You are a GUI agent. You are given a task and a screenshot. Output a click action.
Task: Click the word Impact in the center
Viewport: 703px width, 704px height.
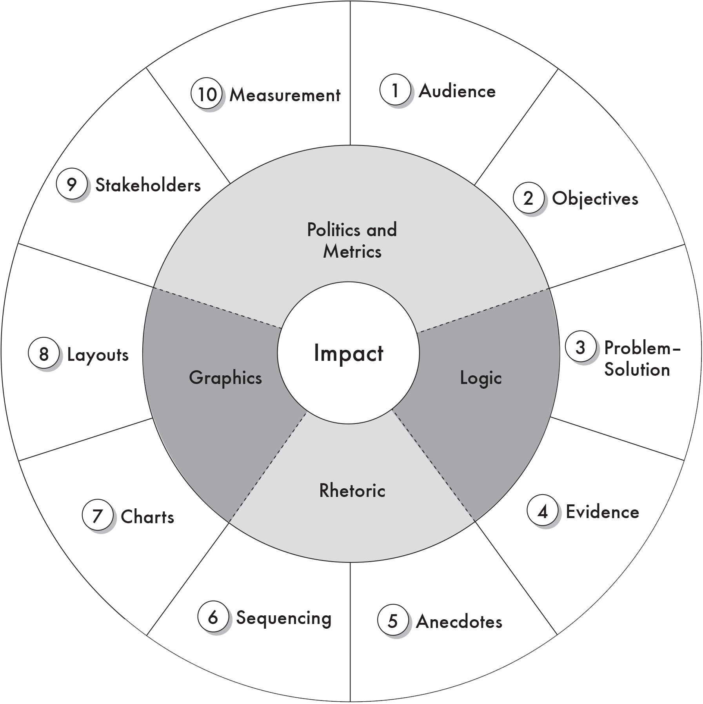[x=348, y=353]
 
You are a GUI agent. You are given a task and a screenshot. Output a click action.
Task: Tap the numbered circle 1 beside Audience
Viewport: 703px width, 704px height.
[x=395, y=91]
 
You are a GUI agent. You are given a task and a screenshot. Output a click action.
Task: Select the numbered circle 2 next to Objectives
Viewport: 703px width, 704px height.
[x=529, y=198]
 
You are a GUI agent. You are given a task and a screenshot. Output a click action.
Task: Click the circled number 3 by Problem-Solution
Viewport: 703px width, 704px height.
[x=580, y=347]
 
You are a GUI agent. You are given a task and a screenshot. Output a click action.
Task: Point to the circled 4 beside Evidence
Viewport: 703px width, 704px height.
[x=543, y=511]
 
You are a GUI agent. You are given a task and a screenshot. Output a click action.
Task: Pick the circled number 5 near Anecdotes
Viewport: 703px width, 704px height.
[x=392, y=621]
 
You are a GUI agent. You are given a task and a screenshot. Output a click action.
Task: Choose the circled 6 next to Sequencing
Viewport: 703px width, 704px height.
[x=213, y=617]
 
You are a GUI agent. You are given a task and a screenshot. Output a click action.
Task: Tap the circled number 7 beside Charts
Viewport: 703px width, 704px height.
[x=98, y=516]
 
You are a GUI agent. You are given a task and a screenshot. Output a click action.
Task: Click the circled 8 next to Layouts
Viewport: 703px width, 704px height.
[x=44, y=354]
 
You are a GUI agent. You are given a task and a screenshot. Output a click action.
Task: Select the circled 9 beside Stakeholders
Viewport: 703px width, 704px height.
[x=71, y=184]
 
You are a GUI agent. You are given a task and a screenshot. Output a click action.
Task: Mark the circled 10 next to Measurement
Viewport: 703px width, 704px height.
[x=207, y=95]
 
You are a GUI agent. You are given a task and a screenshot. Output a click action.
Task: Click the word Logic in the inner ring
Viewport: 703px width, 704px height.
[x=481, y=378]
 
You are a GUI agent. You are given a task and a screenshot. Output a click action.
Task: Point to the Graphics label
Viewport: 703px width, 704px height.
[x=225, y=378]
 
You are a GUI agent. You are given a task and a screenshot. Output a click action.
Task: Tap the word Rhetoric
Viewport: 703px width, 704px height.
[x=352, y=491]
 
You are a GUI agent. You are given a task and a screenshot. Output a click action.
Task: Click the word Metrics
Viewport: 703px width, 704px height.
[x=352, y=251]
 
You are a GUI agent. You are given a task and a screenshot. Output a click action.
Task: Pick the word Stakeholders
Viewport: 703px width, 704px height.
[x=148, y=185]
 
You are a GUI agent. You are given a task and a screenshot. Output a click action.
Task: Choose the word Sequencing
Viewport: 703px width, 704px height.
[x=284, y=618]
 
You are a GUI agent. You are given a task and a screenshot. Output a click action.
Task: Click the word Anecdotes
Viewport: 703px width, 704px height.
[x=459, y=622]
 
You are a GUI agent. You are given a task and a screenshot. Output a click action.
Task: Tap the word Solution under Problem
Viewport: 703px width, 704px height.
[x=637, y=369]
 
